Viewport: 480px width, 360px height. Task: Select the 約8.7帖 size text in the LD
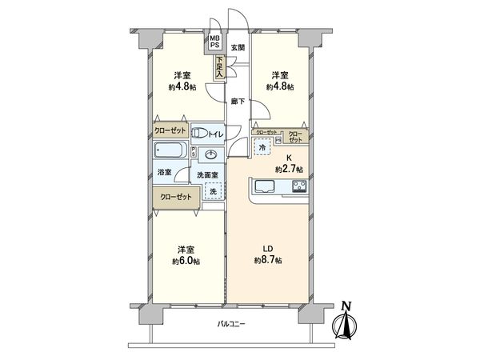tap(268, 260)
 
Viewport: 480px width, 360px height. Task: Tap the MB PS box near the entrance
tap(215, 42)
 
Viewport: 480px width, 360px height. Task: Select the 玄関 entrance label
tap(238, 49)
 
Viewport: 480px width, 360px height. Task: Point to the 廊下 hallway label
tap(238, 102)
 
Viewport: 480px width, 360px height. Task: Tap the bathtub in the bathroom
tap(169, 152)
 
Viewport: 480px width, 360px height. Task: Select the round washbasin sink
tap(213, 154)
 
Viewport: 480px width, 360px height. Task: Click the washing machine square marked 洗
tap(213, 190)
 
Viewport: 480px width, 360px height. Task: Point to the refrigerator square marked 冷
tap(262, 147)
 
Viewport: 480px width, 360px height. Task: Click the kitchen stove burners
tap(300, 188)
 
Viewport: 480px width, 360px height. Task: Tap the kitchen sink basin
tap(265, 188)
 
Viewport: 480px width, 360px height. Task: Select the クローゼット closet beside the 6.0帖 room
tap(174, 196)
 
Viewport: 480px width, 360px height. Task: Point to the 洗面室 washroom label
tap(210, 174)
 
